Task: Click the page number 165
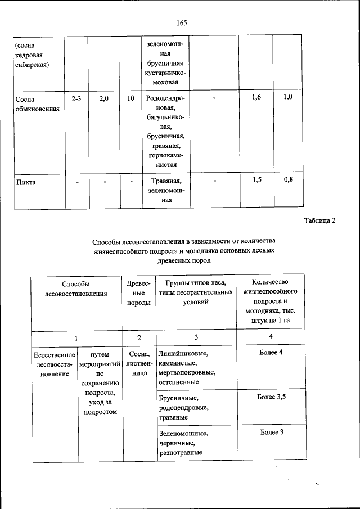181,23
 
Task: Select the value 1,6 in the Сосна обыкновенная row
256,98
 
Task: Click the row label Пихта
26,182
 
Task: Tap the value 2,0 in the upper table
104,98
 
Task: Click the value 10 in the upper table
130,98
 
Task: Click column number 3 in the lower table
196,337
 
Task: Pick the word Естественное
54,355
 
